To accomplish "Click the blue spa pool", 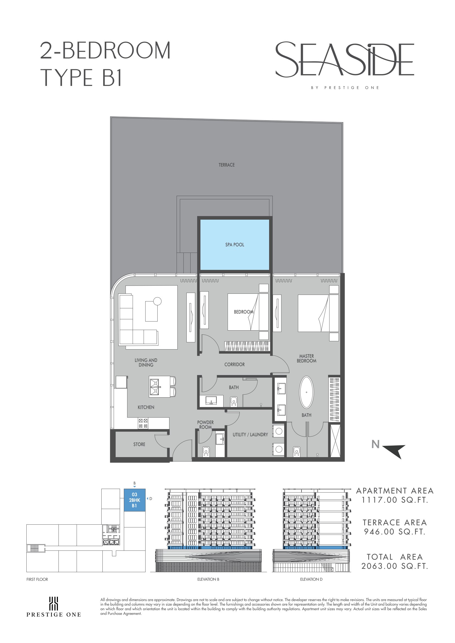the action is [235, 244].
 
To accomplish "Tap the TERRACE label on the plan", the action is [227, 165].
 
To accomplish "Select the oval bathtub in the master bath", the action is [306, 392].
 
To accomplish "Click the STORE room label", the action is [139, 444].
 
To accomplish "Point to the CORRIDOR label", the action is [235, 364].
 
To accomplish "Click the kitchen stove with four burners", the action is [143, 423].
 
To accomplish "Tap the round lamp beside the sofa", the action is [157, 301].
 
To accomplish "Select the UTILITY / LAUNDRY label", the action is [250, 434].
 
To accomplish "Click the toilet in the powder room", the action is [206, 451].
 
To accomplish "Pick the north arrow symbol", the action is [394, 451].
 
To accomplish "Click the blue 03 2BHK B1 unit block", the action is [135, 500].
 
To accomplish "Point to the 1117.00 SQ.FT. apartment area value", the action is [395, 500].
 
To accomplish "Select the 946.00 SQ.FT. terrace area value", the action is [395, 532].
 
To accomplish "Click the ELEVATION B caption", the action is [208, 579].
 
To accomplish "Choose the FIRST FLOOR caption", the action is [37, 579].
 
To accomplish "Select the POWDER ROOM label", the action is [205, 424].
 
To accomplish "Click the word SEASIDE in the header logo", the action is [345, 59].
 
